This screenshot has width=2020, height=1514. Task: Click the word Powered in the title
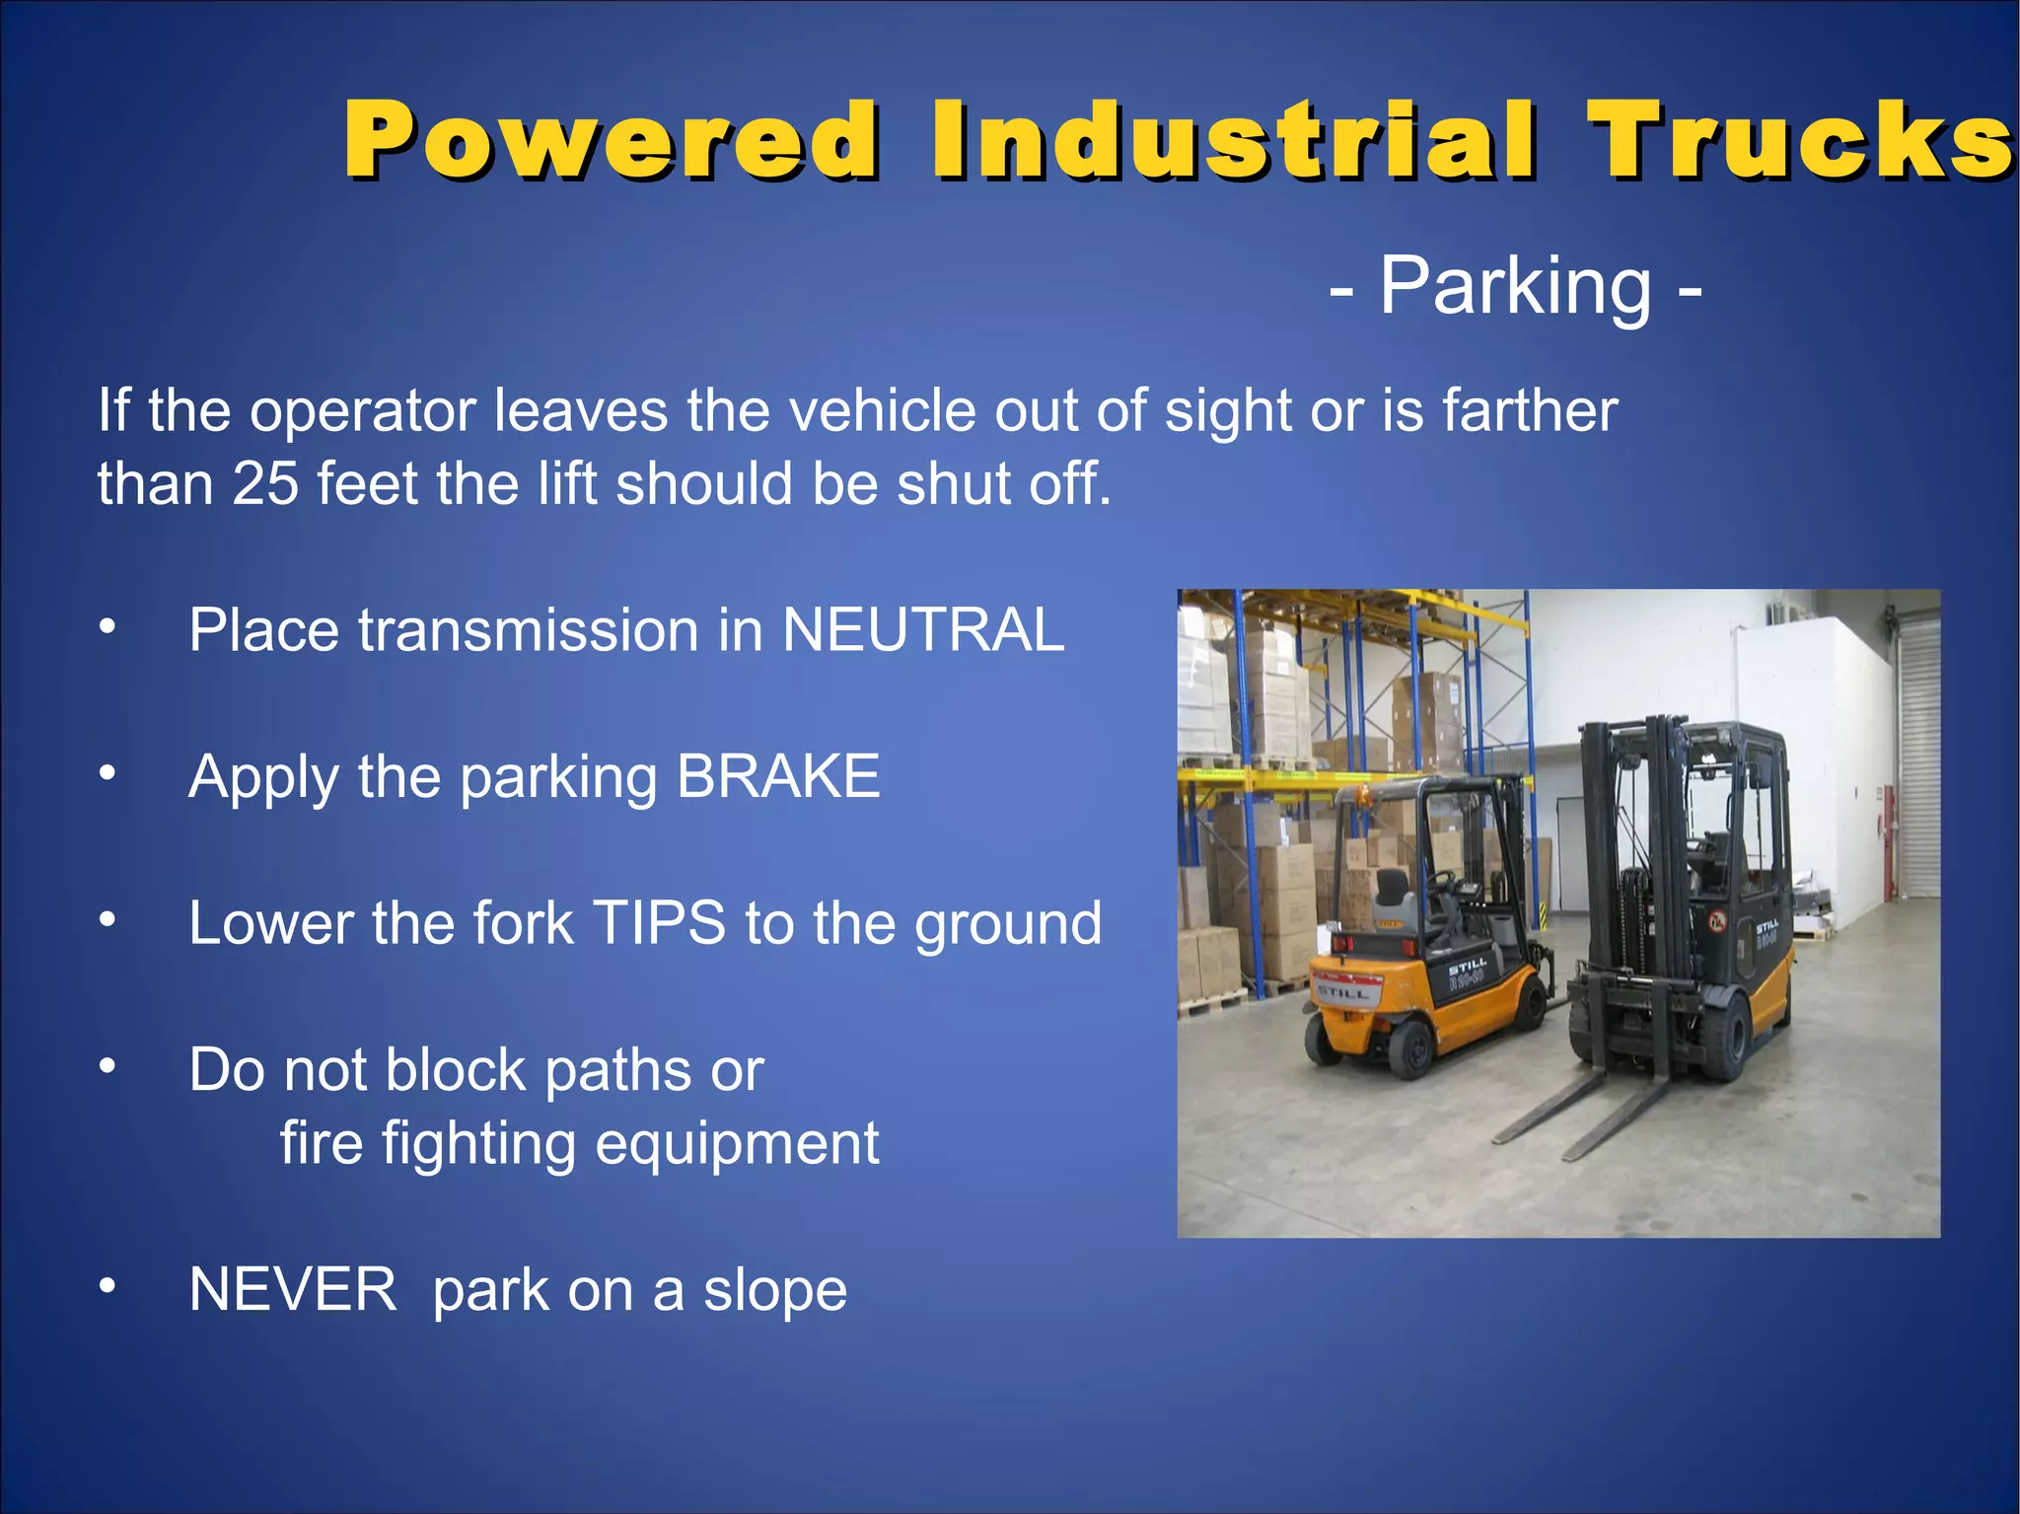(x=612, y=140)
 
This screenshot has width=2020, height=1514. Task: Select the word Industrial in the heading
(x=1233, y=140)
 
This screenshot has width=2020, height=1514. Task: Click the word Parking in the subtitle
(x=1514, y=287)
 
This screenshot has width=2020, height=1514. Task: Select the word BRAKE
(x=778, y=776)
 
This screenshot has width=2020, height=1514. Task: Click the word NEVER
(x=292, y=1289)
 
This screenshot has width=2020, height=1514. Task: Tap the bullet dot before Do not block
(x=108, y=1065)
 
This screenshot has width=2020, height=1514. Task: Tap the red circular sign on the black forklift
(x=1717, y=922)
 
